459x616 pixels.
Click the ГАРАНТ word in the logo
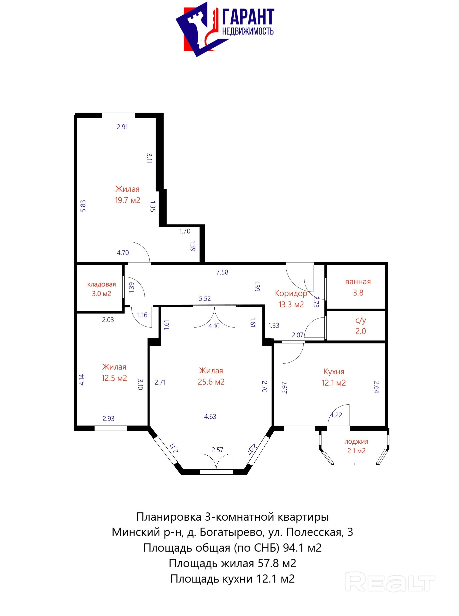click(x=248, y=17)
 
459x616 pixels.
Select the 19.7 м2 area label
click(x=128, y=200)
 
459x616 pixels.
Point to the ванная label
click(x=358, y=282)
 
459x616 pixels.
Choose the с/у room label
click(x=361, y=320)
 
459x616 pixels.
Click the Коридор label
click(x=291, y=293)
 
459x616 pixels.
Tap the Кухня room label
click(x=334, y=372)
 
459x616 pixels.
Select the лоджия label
click(x=356, y=442)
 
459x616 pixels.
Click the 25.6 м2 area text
click(x=211, y=382)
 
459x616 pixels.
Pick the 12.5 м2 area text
click(x=114, y=378)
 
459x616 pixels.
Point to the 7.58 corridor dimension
click(x=222, y=272)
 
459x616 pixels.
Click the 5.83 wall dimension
click(x=83, y=206)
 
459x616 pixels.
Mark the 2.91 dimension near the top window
click(x=122, y=127)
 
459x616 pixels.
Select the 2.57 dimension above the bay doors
click(x=217, y=450)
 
